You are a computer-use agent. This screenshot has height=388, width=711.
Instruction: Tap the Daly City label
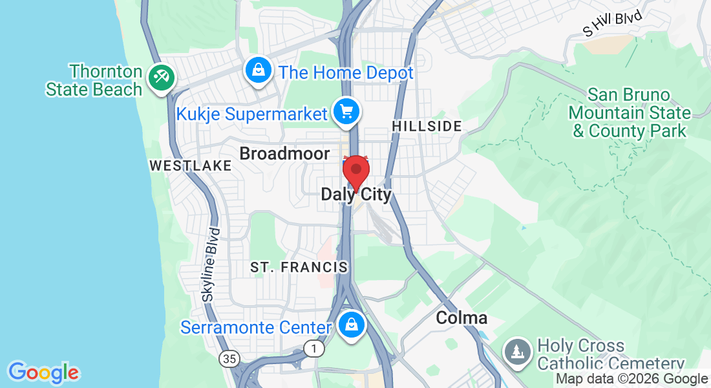coord(356,195)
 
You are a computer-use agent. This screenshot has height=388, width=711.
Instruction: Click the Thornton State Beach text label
coord(94,80)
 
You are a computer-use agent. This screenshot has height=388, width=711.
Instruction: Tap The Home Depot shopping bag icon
coord(258,70)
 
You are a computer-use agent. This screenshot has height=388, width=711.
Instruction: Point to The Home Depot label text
coord(346,72)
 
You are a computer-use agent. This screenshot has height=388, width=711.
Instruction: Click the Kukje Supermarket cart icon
coord(346,112)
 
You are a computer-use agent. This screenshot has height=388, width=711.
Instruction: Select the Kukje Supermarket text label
coord(252,114)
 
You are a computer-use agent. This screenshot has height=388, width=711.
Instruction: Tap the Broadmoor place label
coord(284,153)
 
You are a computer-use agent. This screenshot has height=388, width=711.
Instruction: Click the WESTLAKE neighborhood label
coord(190,166)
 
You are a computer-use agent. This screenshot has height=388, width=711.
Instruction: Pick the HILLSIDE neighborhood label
coord(427,126)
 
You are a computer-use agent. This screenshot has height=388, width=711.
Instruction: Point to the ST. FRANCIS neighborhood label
coord(299,267)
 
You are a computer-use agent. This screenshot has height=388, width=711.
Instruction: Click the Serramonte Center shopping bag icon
coord(351,325)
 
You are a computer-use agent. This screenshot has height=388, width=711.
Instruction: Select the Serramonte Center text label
coord(256,327)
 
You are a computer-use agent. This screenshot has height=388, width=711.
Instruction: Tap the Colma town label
coord(462,318)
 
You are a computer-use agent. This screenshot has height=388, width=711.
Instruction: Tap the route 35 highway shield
coord(228,358)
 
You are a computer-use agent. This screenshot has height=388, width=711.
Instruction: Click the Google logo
coord(44,372)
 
